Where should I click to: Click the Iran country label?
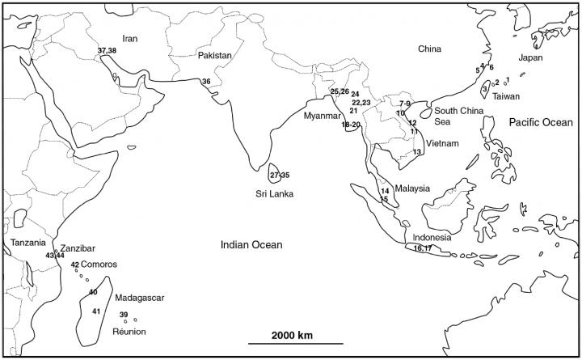(x=130, y=38)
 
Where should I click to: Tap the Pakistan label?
(x=215, y=56)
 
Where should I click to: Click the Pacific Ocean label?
(x=539, y=122)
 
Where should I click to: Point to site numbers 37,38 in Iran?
(x=107, y=51)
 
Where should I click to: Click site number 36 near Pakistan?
(x=206, y=82)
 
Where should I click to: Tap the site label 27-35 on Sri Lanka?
(x=280, y=175)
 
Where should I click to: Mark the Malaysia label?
(x=412, y=188)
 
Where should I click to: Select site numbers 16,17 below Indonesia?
(x=423, y=248)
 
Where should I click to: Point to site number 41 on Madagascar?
(x=95, y=311)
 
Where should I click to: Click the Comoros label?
(x=99, y=265)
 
